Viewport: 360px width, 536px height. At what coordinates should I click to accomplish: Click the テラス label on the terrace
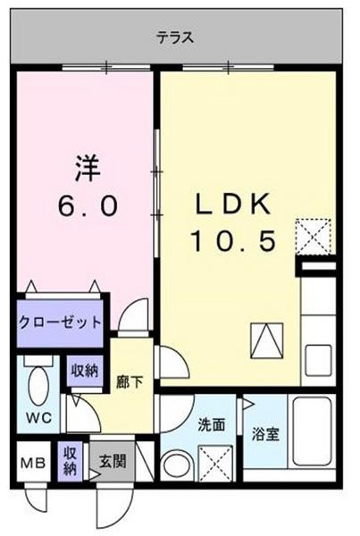coord(175,37)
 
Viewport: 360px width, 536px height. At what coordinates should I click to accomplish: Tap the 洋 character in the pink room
coord(88,168)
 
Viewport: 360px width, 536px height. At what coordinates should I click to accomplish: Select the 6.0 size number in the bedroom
coord(88,205)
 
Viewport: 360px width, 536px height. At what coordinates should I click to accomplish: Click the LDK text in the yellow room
coord(233,205)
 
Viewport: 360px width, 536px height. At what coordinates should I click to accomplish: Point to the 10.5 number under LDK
coord(233,241)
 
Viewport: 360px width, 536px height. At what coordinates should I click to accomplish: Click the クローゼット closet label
coord(60,322)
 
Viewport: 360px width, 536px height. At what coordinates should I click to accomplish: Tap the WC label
coord(38,417)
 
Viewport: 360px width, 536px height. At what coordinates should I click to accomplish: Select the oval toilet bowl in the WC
coord(38,386)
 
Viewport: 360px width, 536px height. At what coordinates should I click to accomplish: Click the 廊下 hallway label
coord(130,381)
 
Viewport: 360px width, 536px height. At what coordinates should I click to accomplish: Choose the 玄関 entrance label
coord(113,461)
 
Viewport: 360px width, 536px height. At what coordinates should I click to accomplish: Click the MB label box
coord(33,463)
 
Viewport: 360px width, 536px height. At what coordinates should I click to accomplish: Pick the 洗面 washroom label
coord(212,425)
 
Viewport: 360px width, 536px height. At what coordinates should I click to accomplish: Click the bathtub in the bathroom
coord(313,431)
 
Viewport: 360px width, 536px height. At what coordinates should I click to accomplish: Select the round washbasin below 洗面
coord(178,466)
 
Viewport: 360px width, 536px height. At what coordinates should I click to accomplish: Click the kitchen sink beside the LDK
coord(318,360)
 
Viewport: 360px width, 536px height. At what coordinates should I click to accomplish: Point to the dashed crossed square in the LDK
coord(314,237)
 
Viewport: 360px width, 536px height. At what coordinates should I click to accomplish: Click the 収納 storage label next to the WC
coord(85,371)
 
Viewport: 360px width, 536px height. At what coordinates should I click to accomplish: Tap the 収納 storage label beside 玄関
coord(70,462)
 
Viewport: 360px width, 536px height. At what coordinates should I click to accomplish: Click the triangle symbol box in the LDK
coord(267,341)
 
